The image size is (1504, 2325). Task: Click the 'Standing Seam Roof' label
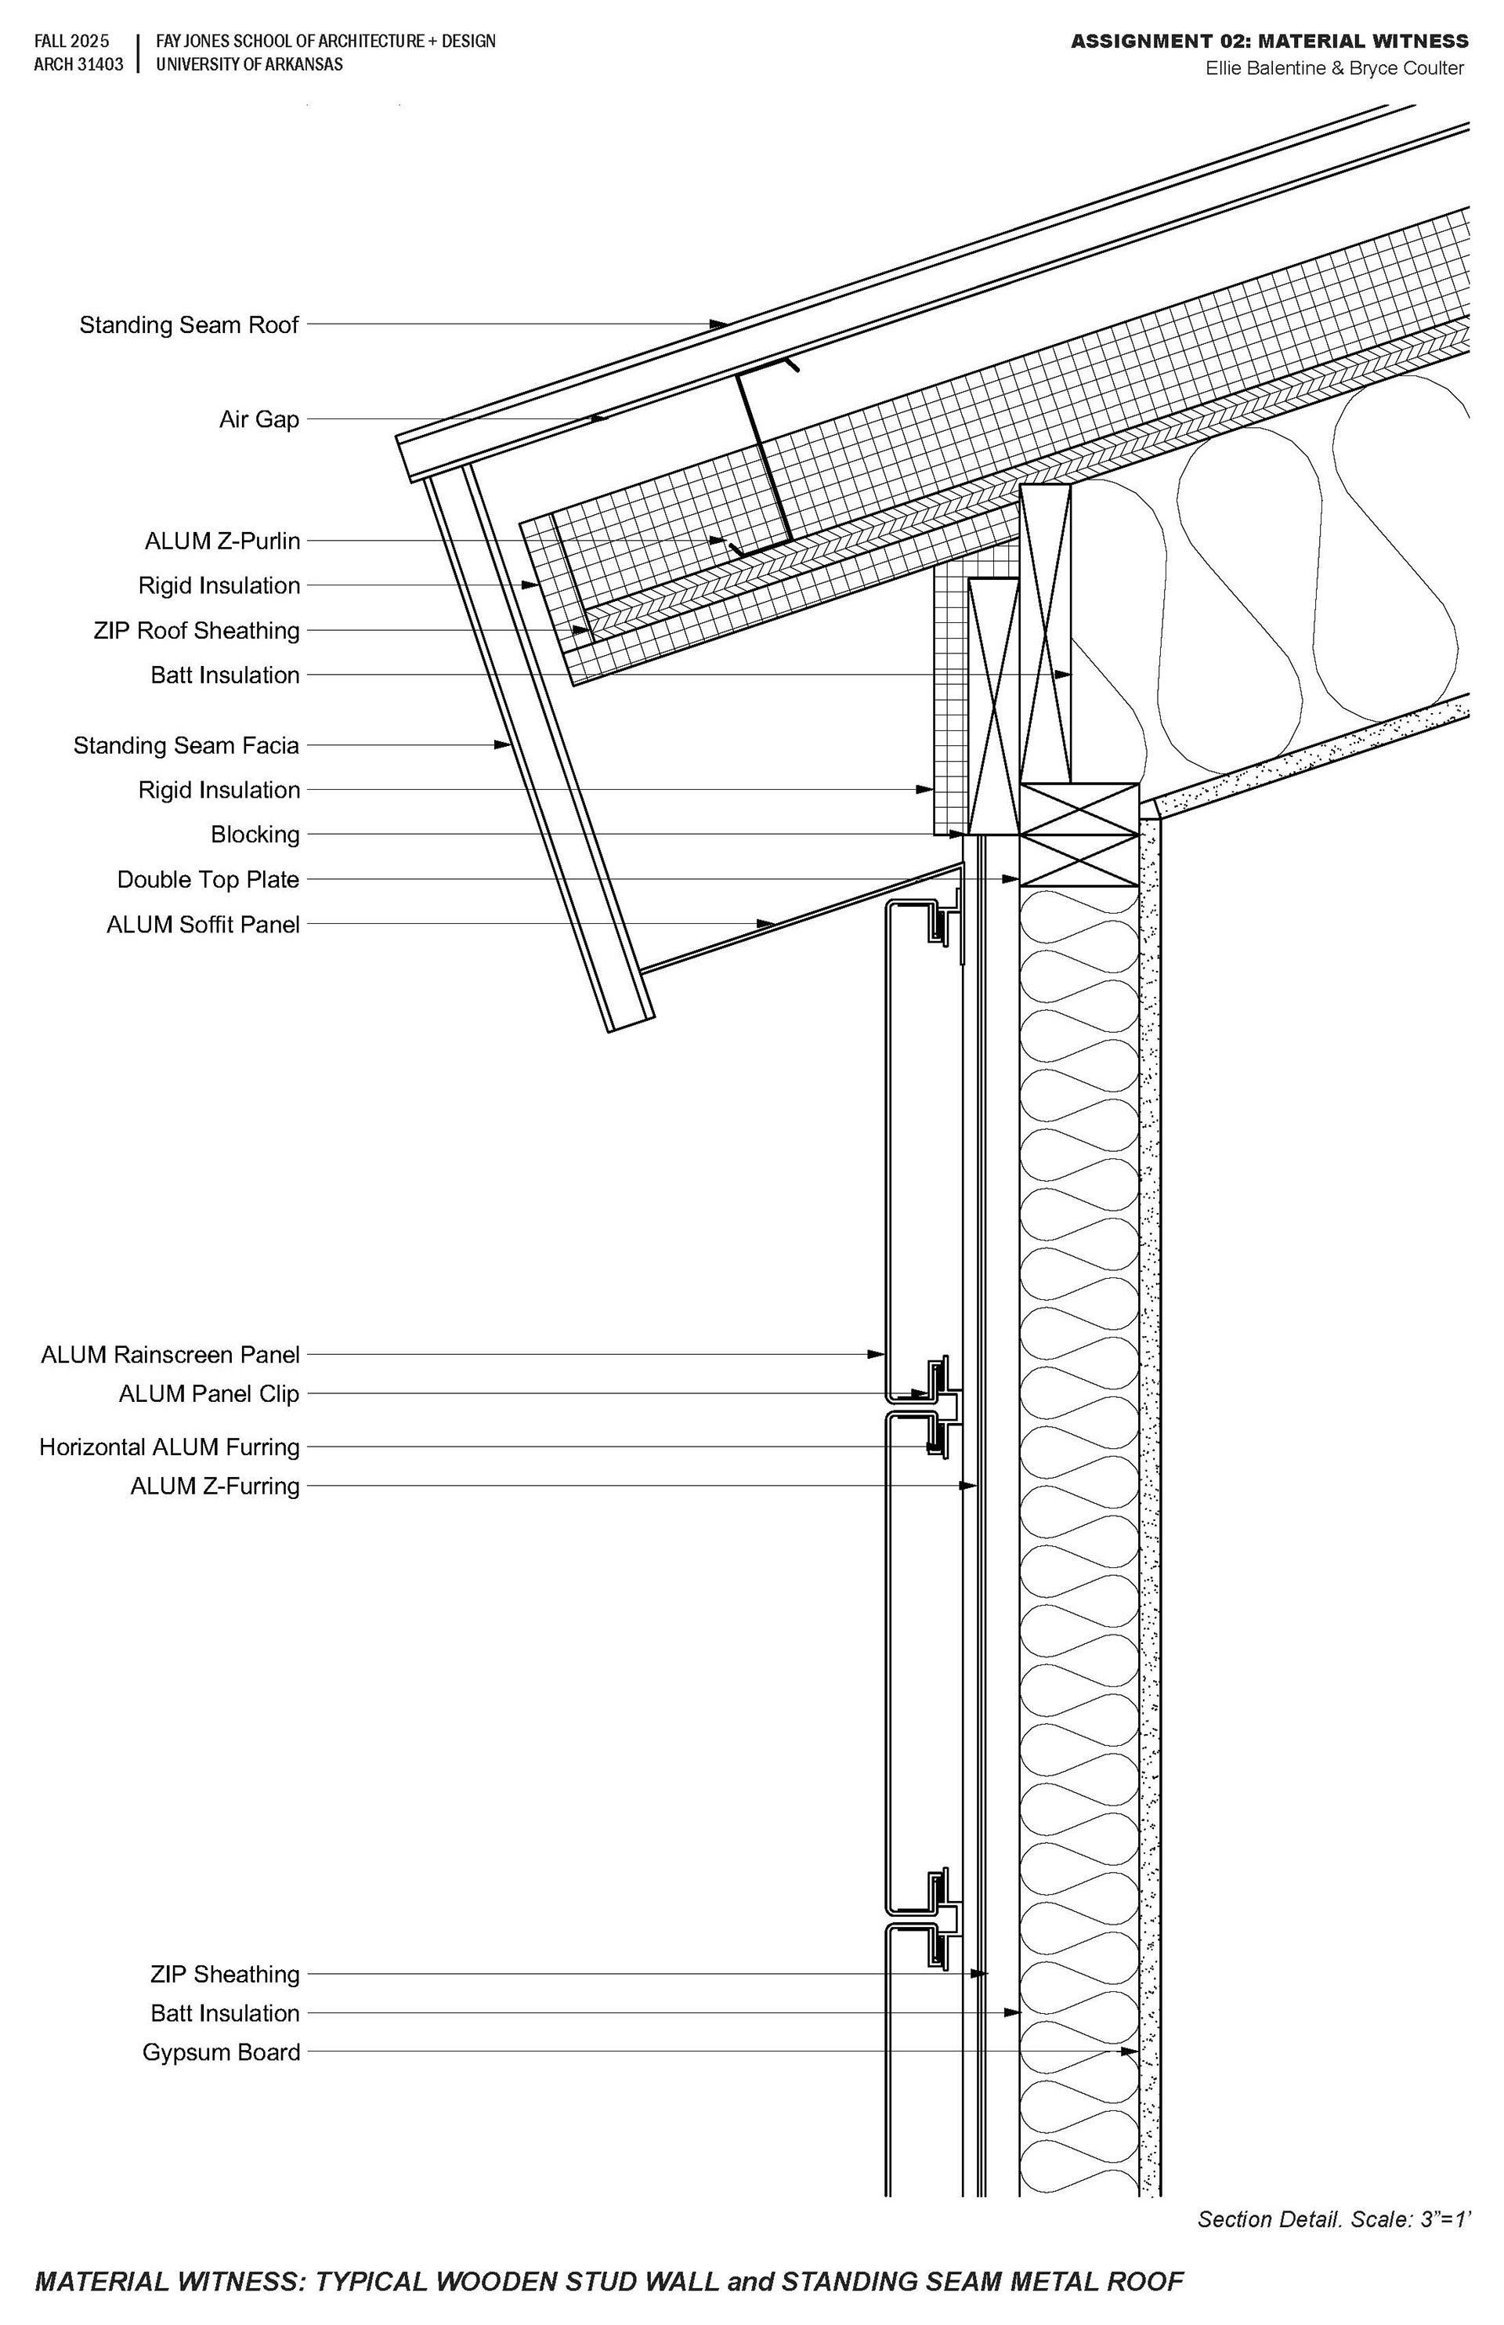[x=189, y=324]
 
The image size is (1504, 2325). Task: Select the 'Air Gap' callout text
[x=258, y=419]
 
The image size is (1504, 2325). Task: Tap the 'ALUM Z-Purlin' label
[x=222, y=540]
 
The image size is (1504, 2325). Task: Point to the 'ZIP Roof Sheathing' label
[x=197, y=630]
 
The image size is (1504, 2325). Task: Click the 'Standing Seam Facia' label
[x=186, y=745]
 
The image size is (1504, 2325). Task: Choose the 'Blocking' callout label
[x=255, y=835]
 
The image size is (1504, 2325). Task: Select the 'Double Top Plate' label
[x=208, y=879]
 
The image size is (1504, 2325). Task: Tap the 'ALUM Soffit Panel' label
[x=203, y=924]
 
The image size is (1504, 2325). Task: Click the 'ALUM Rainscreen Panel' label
[x=170, y=1355]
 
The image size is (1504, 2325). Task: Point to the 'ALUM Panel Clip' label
[x=209, y=1394]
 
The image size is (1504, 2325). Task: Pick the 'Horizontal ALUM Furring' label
[x=169, y=1447]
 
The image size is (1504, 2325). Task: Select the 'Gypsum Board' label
[x=221, y=2052]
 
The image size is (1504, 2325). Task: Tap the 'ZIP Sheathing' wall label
[x=225, y=1974]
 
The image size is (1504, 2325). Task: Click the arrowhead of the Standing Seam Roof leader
[x=721, y=324]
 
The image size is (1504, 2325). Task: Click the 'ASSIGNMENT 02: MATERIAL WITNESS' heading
[x=1269, y=41]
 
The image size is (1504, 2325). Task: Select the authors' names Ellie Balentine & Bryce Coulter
[x=1334, y=68]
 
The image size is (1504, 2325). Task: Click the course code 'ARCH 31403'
[x=78, y=64]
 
